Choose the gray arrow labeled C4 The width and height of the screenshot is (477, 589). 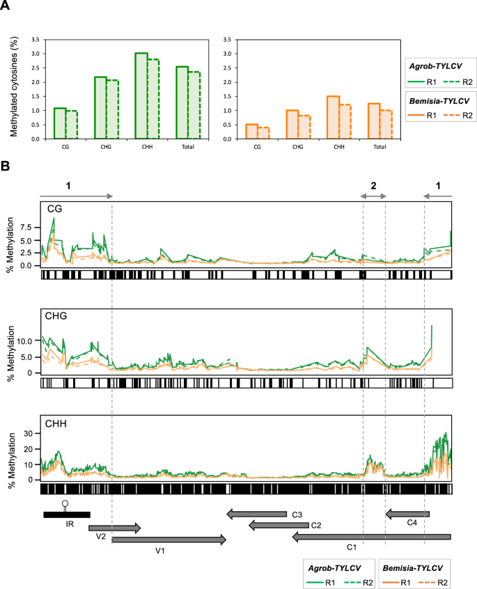[x=407, y=514]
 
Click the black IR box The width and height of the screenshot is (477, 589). [x=66, y=515]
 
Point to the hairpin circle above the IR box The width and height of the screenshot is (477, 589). [x=65, y=503]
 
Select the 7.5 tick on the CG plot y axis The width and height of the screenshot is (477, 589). [x=25, y=228]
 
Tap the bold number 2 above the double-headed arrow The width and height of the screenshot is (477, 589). [x=374, y=186]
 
